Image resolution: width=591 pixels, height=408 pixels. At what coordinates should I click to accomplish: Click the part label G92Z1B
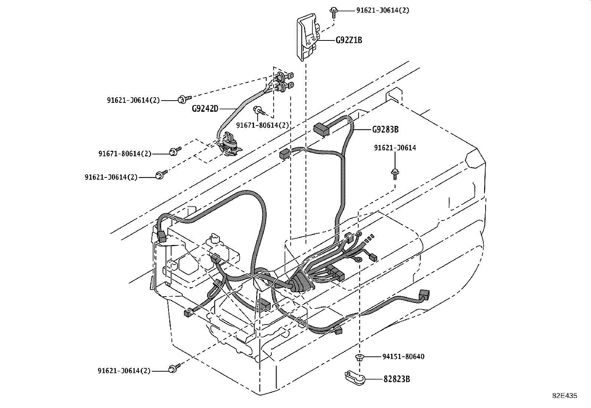(349, 40)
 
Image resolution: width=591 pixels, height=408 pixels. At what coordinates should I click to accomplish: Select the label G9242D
(205, 109)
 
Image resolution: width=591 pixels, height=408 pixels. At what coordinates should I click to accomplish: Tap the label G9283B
(385, 130)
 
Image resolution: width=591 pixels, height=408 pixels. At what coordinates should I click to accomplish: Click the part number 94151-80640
(403, 357)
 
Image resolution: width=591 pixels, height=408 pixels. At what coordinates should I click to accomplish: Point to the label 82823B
(397, 379)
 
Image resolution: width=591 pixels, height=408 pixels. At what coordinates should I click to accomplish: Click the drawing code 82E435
(564, 396)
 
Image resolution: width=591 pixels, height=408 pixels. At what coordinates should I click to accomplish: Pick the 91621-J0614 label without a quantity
(395, 148)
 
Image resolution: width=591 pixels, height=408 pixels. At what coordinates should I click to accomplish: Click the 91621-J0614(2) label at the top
(383, 10)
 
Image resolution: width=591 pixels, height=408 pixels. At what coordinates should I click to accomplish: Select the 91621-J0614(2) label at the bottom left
(124, 371)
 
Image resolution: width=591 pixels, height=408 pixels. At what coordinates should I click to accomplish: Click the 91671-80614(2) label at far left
(125, 153)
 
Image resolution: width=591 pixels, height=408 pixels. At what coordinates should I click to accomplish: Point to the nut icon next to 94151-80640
(359, 357)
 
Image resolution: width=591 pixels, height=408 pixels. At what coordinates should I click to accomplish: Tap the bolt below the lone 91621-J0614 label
(395, 173)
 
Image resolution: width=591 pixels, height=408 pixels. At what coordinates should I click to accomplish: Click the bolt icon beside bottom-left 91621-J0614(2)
(173, 368)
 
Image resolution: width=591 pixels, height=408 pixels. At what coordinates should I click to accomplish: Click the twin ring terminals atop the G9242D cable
(284, 82)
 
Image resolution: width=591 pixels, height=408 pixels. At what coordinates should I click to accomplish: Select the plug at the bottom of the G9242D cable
(228, 145)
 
